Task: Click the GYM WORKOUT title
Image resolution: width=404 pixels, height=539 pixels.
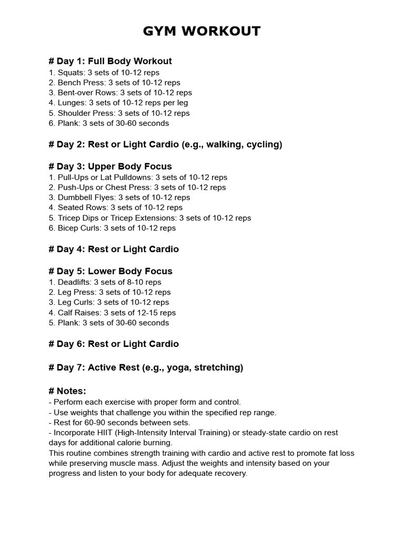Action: coord(201,32)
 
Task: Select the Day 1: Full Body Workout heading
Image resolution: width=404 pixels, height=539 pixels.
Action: coord(110,61)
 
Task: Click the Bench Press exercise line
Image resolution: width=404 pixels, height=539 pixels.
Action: coord(114,83)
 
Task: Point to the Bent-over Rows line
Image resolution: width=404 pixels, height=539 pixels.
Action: coord(120,93)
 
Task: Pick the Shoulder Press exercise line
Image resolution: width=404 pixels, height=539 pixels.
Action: coord(119,113)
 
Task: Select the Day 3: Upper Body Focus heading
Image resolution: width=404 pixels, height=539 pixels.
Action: coord(110,167)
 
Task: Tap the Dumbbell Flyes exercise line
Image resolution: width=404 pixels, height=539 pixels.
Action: coord(119,197)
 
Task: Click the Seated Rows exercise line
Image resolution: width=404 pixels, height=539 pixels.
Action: coord(115,207)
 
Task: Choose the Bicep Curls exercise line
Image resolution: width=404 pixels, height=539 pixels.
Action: coord(112,228)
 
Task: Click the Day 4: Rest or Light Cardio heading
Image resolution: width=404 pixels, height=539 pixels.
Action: coord(114,249)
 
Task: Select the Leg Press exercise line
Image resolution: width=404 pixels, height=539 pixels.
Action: coord(109,292)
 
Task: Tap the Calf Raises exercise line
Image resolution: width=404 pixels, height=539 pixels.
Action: coord(112,313)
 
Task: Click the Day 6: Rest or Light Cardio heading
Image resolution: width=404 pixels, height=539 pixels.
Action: coord(114,344)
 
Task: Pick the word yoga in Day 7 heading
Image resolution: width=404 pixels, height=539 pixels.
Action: coord(177,367)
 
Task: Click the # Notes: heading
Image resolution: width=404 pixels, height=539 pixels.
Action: coord(67,391)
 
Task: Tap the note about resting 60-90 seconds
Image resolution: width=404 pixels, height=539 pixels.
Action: coord(119,422)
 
